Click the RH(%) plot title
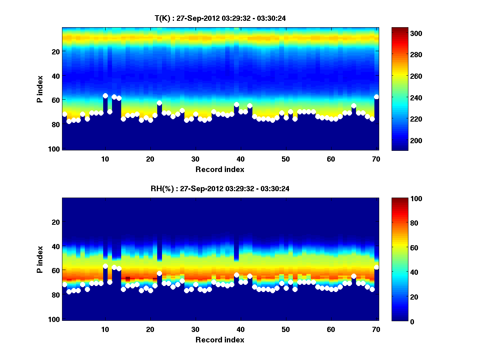tap(220, 188)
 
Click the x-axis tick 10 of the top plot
tap(105, 158)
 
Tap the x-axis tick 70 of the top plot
tap(376, 158)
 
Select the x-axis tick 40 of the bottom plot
tap(240, 329)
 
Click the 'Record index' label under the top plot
tap(220, 169)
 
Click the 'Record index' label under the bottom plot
tap(220, 340)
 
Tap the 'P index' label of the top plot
tap(40, 89)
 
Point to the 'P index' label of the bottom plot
tap(40, 260)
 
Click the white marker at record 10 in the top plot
tap(105, 96)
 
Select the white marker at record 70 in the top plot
tap(376, 97)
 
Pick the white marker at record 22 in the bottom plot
tap(159, 273)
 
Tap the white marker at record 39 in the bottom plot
tap(236, 275)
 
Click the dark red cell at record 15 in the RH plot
tap(128, 278)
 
